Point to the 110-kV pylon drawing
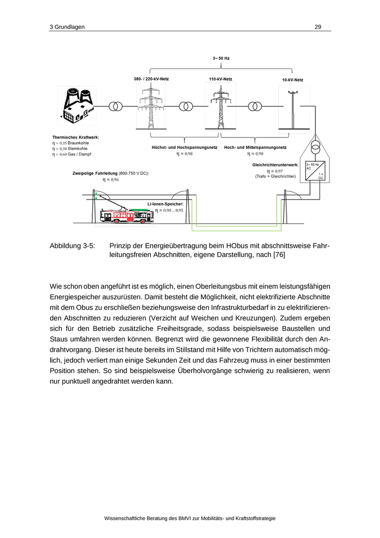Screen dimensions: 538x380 [220, 106]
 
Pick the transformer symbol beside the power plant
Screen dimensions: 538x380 [116, 106]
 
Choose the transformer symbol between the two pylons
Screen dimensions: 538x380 [186, 106]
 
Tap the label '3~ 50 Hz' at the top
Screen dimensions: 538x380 [221, 58]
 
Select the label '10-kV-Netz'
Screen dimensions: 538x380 [293, 80]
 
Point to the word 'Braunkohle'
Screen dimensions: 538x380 [78, 143]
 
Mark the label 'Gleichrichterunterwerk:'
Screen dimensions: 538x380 [275, 165]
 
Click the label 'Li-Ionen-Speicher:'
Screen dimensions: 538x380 [165, 204]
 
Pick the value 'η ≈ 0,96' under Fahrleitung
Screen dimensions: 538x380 [111, 179]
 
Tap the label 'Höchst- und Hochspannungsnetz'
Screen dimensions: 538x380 [184, 147]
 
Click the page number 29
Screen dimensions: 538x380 [318, 27]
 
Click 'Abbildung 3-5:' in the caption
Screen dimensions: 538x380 [72, 246]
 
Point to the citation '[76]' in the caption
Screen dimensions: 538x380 [278, 254]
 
